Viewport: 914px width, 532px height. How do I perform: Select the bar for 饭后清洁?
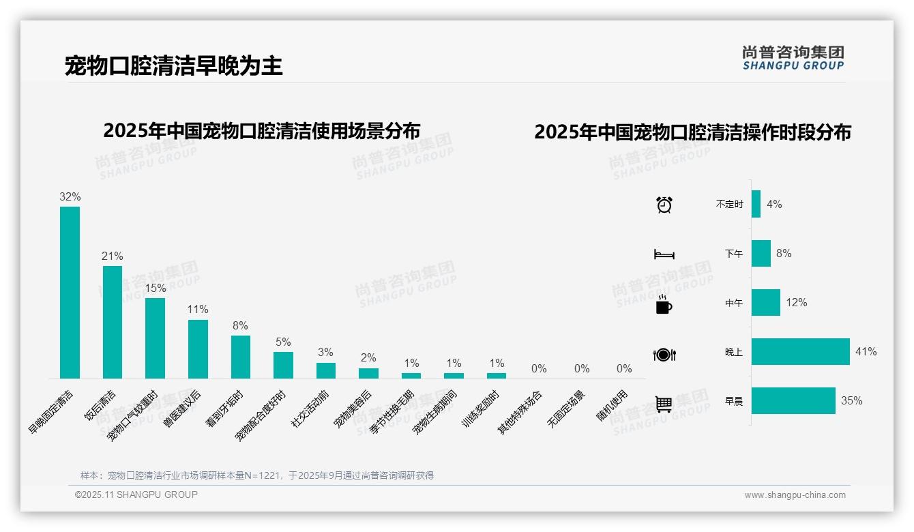pyautogui.click(x=113, y=321)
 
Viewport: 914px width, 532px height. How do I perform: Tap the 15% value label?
pyautogui.click(x=156, y=289)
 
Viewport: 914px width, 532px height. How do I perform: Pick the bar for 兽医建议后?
pyautogui.click(x=198, y=349)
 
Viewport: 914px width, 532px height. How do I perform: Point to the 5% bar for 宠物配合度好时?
pyautogui.click(x=283, y=365)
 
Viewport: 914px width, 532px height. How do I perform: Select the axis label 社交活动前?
pyautogui.click(x=310, y=409)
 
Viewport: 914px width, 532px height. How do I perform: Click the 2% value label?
pyautogui.click(x=368, y=358)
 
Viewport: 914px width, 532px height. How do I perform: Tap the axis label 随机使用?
pyautogui.click(x=612, y=407)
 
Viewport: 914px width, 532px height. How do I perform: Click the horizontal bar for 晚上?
pyautogui.click(x=800, y=352)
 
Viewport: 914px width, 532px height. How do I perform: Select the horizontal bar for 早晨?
pyautogui.click(x=793, y=401)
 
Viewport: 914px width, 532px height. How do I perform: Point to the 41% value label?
pyautogui.click(x=866, y=352)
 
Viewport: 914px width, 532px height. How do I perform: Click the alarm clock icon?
pyautogui.click(x=664, y=205)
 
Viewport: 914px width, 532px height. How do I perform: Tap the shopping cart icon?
pyautogui.click(x=664, y=404)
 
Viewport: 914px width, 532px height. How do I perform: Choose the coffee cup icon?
pyautogui.click(x=664, y=304)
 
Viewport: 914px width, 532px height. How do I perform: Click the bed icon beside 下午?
pyautogui.click(x=664, y=254)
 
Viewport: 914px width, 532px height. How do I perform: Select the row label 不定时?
pyautogui.click(x=729, y=205)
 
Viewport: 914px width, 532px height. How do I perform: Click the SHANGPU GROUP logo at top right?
pyautogui.click(x=793, y=58)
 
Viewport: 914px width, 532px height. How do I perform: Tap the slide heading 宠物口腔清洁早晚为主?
pyautogui.click(x=173, y=66)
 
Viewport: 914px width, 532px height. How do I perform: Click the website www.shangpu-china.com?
pyautogui.click(x=795, y=495)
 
